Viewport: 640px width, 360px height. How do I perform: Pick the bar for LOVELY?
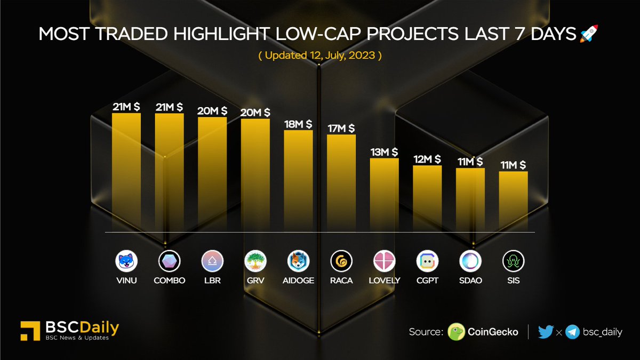click(384, 195)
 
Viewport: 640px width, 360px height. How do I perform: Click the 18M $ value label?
click(298, 124)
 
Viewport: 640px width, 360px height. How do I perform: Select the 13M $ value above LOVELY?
click(384, 152)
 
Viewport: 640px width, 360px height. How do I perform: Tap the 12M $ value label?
click(427, 159)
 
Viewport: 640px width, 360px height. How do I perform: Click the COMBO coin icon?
click(170, 261)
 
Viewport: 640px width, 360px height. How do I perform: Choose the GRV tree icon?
click(255, 261)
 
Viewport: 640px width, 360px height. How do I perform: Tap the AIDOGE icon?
click(298, 261)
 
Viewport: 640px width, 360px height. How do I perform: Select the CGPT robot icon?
click(427, 261)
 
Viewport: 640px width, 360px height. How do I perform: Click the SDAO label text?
click(470, 281)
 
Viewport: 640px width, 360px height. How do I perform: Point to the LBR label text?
click(212, 281)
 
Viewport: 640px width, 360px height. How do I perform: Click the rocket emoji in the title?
click(589, 34)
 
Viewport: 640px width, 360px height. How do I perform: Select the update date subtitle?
click(320, 55)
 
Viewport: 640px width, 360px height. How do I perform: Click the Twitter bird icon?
click(546, 332)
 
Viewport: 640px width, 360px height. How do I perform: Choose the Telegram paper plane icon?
click(573, 332)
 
